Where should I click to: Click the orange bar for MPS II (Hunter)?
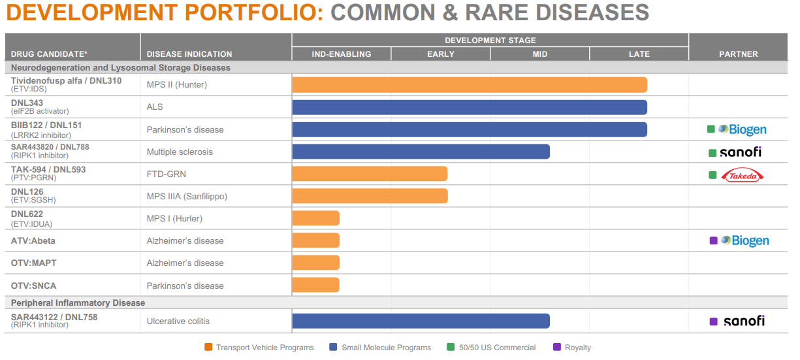[469, 85]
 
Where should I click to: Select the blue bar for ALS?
[469, 107]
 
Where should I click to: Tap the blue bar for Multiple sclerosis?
[421, 152]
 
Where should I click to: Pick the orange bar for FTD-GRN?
[370, 174]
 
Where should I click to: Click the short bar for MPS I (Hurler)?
[315, 218]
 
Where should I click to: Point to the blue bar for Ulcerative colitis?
[421, 321]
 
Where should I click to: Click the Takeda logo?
[743, 175]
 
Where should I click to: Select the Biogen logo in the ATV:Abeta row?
[744, 240]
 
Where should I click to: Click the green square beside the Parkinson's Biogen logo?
[711, 129]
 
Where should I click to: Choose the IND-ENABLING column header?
[341, 54]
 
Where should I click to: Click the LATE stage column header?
[639, 54]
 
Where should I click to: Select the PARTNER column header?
[738, 54]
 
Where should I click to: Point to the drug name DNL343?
[27, 103]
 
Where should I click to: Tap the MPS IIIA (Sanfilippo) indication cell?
[187, 196]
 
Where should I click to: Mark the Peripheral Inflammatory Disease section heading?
[78, 303]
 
